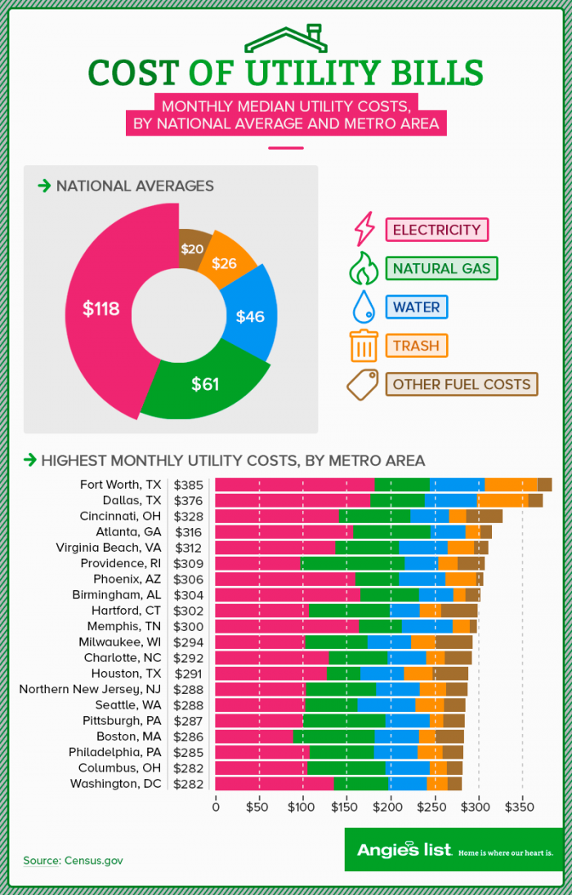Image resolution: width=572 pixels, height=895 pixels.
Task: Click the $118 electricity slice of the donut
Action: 103,309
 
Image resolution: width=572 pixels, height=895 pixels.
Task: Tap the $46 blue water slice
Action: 250,315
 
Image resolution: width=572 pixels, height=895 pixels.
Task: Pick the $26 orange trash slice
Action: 225,263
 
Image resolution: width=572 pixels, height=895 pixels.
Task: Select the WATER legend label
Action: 417,307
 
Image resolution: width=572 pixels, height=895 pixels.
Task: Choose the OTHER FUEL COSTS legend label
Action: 462,384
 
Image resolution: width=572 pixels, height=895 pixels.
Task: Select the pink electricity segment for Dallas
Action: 292,500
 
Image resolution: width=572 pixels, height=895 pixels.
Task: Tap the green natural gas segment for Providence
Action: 352,563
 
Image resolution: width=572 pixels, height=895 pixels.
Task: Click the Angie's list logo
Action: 404,850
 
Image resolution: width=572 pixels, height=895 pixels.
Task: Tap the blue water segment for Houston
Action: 382,673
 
